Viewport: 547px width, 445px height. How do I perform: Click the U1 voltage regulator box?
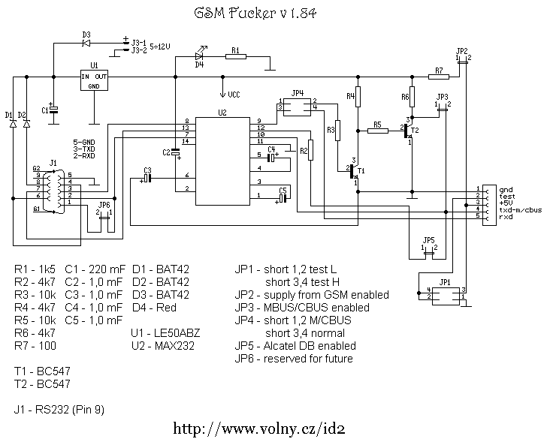coord(94,80)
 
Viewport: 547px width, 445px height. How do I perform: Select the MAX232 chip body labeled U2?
coord(222,161)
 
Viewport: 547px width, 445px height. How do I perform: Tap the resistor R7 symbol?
coord(439,77)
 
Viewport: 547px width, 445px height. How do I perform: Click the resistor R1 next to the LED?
coord(236,56)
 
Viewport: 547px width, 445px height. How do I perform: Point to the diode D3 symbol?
coord(86,44)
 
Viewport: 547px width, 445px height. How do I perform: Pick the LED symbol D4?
coord(200,55)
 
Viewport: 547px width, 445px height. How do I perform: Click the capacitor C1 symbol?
coord(53,110)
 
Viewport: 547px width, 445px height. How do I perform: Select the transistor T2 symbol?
coord(408,130)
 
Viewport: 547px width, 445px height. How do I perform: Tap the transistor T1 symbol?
coord(354,172)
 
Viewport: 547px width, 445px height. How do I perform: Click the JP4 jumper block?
coord(297,107)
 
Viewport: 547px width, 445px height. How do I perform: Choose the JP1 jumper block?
coord(445,296)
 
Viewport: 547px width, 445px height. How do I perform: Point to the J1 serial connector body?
coord(53,191)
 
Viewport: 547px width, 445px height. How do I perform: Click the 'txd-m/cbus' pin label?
coord(521,210)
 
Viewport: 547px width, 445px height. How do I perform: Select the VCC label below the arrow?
coord(234,95)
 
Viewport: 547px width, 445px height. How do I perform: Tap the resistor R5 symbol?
coord(378,131)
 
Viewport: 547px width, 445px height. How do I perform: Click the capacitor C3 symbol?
coord(147,178)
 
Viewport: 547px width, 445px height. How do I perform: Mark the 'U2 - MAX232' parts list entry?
coord(162,346)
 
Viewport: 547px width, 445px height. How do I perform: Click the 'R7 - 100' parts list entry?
coord(35,346)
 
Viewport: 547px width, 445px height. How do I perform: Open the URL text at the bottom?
coord(259,428)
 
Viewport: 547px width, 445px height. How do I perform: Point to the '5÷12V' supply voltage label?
coord(160,47)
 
